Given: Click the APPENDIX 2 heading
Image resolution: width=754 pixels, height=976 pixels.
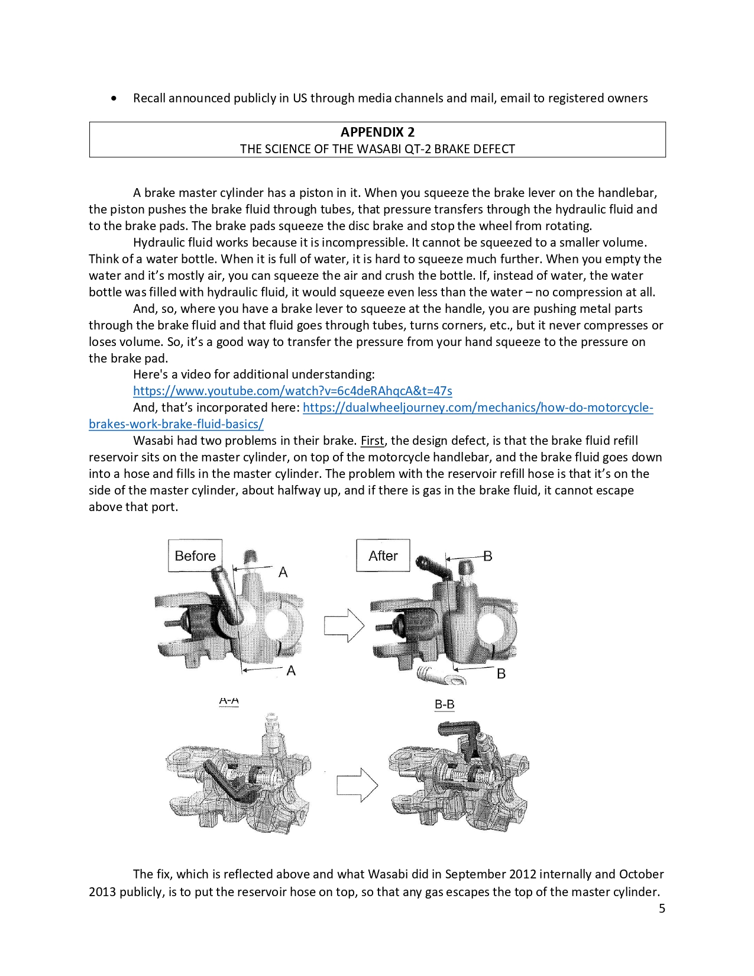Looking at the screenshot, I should (x=377, y=132).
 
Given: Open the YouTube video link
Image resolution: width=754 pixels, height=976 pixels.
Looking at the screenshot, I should (x=292, y=391).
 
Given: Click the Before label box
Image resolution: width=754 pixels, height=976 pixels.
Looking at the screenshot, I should (x=195, y=555).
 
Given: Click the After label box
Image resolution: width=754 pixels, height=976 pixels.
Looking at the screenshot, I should (x=383, y=555).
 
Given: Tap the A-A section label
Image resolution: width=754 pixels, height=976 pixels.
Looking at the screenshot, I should (x=229, y=701).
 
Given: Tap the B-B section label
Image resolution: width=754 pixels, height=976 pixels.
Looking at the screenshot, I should (x=444, y=704).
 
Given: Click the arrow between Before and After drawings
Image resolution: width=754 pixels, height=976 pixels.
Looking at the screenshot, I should (x=344, y=625).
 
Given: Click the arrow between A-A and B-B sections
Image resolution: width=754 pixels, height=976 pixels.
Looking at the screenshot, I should (x=357, y=786).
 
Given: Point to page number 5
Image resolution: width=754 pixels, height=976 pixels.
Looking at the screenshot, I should (x=662, y=909).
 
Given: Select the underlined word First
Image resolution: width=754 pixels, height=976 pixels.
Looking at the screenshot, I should (x=372, y=441).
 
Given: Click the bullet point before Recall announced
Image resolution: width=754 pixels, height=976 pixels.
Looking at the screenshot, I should (x=114, y=98).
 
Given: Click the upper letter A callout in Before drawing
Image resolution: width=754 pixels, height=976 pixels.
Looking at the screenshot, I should (x=283, y=572).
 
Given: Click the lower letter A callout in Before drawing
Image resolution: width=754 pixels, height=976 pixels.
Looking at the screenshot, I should (x=291, y=671).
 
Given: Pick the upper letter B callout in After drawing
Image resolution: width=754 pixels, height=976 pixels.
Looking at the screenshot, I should (x=487, y=556).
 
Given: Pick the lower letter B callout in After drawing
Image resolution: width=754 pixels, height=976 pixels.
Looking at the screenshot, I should (x=501, y=674).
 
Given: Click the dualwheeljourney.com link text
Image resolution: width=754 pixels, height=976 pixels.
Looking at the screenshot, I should (x=478, y=408).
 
